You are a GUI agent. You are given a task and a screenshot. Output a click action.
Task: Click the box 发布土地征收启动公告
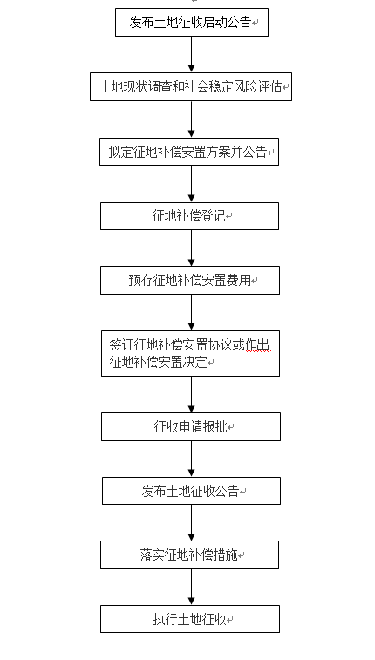pos(192,22)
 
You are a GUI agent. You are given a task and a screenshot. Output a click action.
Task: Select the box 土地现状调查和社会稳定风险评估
pos(191,86)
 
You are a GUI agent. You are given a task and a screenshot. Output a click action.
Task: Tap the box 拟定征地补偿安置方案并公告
pos(189,152)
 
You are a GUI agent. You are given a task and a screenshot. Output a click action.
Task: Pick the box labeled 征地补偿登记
pos(189,216)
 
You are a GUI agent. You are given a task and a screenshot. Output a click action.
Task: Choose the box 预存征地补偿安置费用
pos(190,281)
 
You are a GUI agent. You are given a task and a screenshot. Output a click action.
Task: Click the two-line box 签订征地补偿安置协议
pos(190,354)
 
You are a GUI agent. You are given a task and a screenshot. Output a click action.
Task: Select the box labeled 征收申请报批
pos(191,427)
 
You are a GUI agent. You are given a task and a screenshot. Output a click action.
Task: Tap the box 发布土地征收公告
pos(191,491)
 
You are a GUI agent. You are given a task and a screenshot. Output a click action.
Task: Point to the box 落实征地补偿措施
pos(189,555)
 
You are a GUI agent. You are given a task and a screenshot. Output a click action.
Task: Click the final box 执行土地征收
pos(190,619)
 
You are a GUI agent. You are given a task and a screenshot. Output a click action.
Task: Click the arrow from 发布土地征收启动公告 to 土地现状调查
pos(192,54)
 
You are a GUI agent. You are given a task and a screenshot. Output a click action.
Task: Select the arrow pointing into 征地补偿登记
pos(192,184)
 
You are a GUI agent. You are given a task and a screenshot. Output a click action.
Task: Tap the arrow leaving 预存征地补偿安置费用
pos(192,312)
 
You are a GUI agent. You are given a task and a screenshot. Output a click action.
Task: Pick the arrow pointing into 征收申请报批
pos(192,394)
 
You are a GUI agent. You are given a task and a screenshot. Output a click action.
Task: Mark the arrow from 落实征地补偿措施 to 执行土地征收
pos(192,587)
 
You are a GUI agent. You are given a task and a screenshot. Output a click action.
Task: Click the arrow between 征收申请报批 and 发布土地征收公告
pos(192,459)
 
